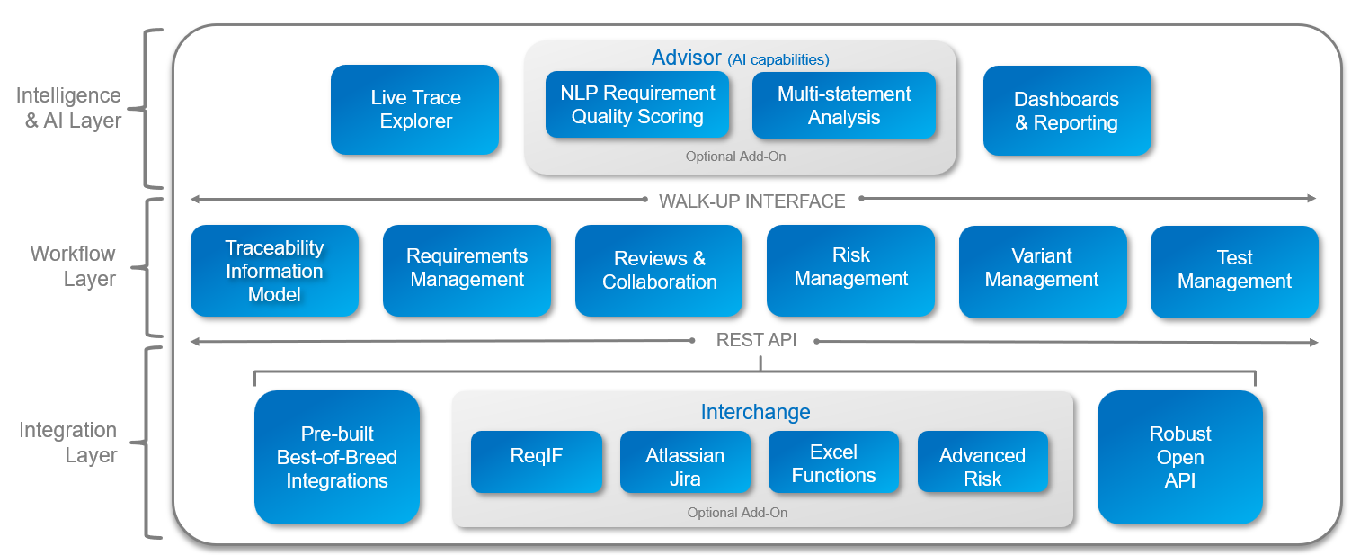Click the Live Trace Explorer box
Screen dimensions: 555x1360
(x=414, y=110)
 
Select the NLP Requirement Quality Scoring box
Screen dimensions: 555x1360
(x=637, y=105)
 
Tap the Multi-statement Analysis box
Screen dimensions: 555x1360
(x=843, y=105)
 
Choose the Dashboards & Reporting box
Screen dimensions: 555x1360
(x=1066, y=111)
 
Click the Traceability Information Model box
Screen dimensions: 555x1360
(x=274, y=271)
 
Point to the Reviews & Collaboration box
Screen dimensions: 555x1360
(x=659, y=271)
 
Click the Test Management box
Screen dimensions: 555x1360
(x=1234, y=271)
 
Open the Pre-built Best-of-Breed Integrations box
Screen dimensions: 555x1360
(x=337, y=457)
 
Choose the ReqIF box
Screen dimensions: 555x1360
(x=536, y=461)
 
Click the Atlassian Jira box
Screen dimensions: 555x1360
(x=685, y=461)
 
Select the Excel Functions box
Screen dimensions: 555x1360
(x=833, y=461)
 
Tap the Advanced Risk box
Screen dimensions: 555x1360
(x=982, y=461)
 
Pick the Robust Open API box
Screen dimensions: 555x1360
(x=1179, y=457)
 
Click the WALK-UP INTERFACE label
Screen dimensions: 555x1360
(x=751, y=201)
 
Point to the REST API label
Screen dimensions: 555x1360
(x=755, y=341)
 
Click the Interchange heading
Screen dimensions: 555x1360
(x=755, y=412)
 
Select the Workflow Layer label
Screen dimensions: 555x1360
(x=73, y=266)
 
